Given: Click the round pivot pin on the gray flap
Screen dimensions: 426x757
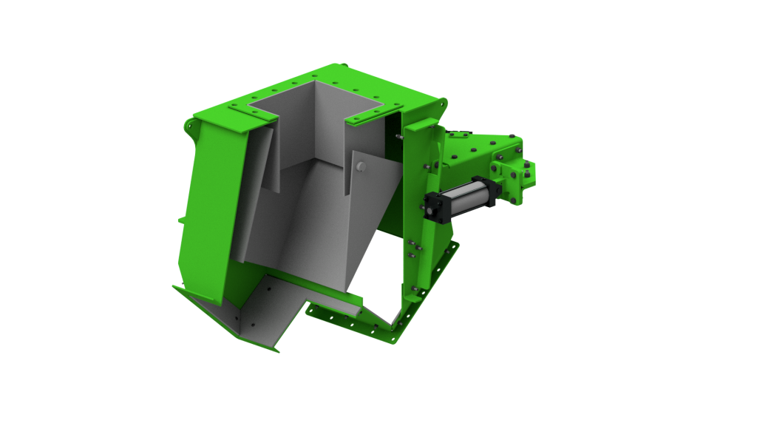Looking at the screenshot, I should [x=360, y=167].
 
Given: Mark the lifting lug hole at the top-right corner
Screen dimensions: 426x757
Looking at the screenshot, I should [x=444, y=103].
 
